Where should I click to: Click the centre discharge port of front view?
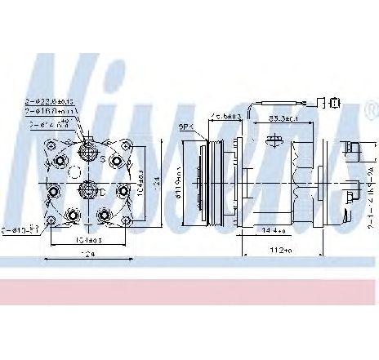pos(87,192)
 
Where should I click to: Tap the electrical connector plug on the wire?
pos(334,103)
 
